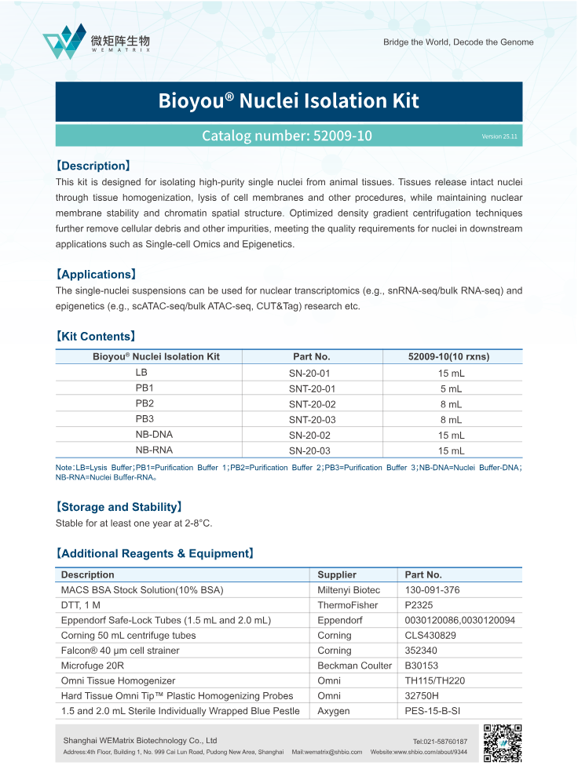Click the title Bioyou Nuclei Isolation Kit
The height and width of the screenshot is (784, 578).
tap(288, 101)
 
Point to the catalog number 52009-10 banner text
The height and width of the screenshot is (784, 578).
tap(287, 136)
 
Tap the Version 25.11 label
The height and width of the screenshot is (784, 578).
tap(499, 137)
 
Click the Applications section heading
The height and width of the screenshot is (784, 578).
tap(96, 275)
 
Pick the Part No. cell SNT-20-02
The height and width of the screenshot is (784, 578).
tap(312, 404)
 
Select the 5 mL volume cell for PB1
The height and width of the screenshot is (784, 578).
tap(451, 388)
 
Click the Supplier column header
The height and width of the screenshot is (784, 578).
tap(337, 574)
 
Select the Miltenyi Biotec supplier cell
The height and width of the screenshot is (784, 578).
tap(348, 590)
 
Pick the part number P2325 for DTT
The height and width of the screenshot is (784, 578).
tap(420, 605)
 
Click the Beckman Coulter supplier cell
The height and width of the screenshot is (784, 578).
tap(354, 665)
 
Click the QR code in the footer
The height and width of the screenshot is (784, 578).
tap(503, 743)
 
